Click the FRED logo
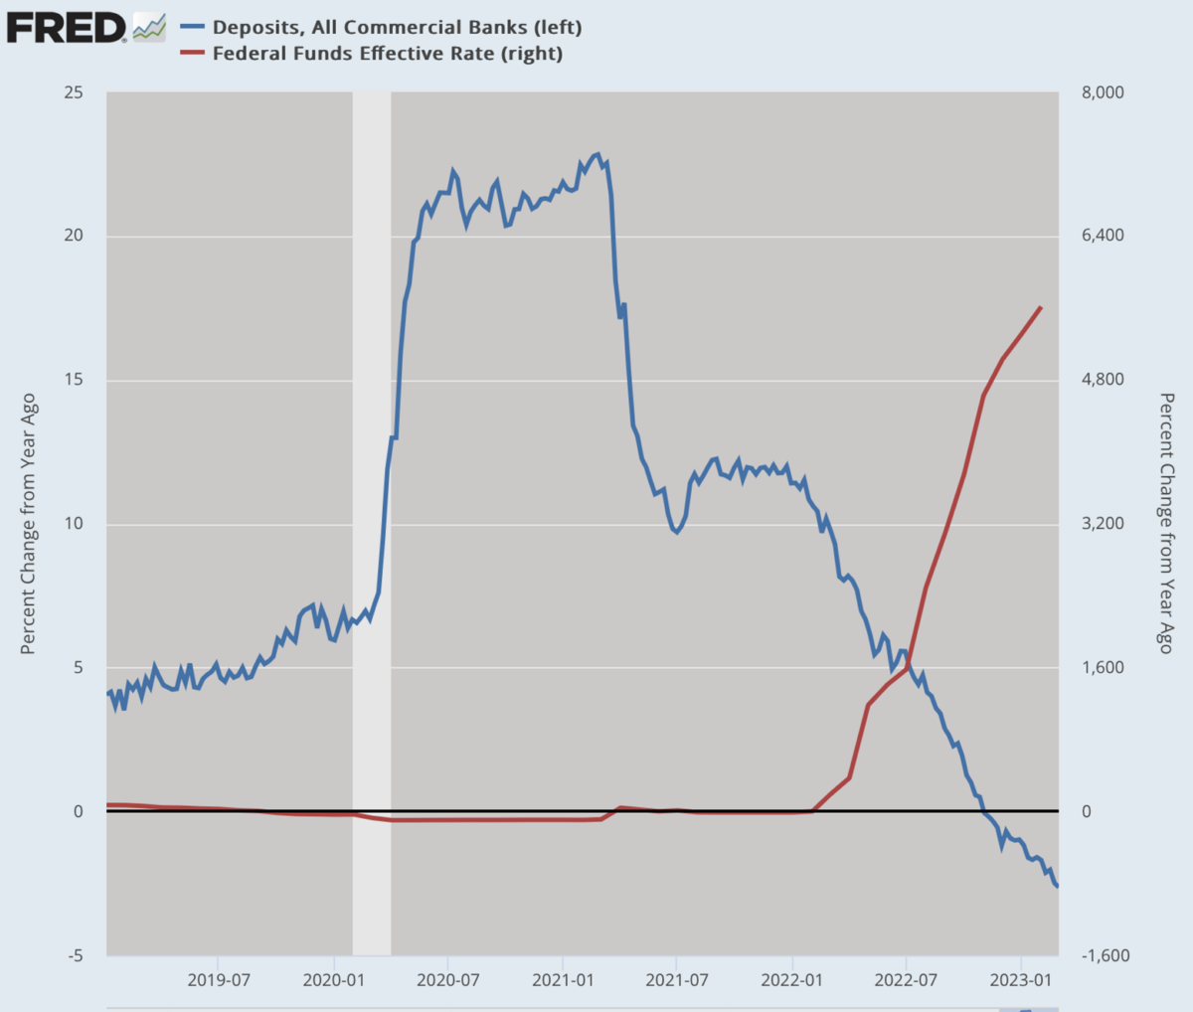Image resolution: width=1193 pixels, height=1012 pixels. point(68,27)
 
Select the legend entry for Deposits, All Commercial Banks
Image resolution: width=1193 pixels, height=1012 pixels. point(396,27)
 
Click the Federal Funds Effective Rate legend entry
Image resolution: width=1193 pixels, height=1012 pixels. point(387,53)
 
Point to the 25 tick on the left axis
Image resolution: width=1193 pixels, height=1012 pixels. point(74,92)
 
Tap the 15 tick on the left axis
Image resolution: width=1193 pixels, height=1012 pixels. point(74,380)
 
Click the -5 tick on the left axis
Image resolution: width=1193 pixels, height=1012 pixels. point(76,955)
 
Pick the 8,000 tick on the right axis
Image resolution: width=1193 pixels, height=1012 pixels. point(1102,92)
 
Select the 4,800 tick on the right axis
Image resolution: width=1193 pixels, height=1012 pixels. point(1102,380)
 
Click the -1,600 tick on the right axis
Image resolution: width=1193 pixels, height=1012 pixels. point(1105,955)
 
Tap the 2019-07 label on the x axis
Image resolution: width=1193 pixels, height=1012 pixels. point(219,980)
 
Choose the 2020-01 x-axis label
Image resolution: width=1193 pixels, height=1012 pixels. point(334,980)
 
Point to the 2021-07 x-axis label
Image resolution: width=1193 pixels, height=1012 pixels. point(677,980)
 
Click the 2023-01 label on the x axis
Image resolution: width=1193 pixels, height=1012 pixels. point(1022,980)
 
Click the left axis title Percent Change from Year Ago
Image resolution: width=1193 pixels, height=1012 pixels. point(28,524)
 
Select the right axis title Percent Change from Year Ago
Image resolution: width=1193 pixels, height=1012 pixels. point(1166,524)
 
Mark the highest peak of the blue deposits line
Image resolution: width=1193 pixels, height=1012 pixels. point(596,154)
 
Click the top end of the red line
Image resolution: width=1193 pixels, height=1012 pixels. point(1041,307)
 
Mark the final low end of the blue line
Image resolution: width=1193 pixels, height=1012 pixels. point(1058,886)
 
